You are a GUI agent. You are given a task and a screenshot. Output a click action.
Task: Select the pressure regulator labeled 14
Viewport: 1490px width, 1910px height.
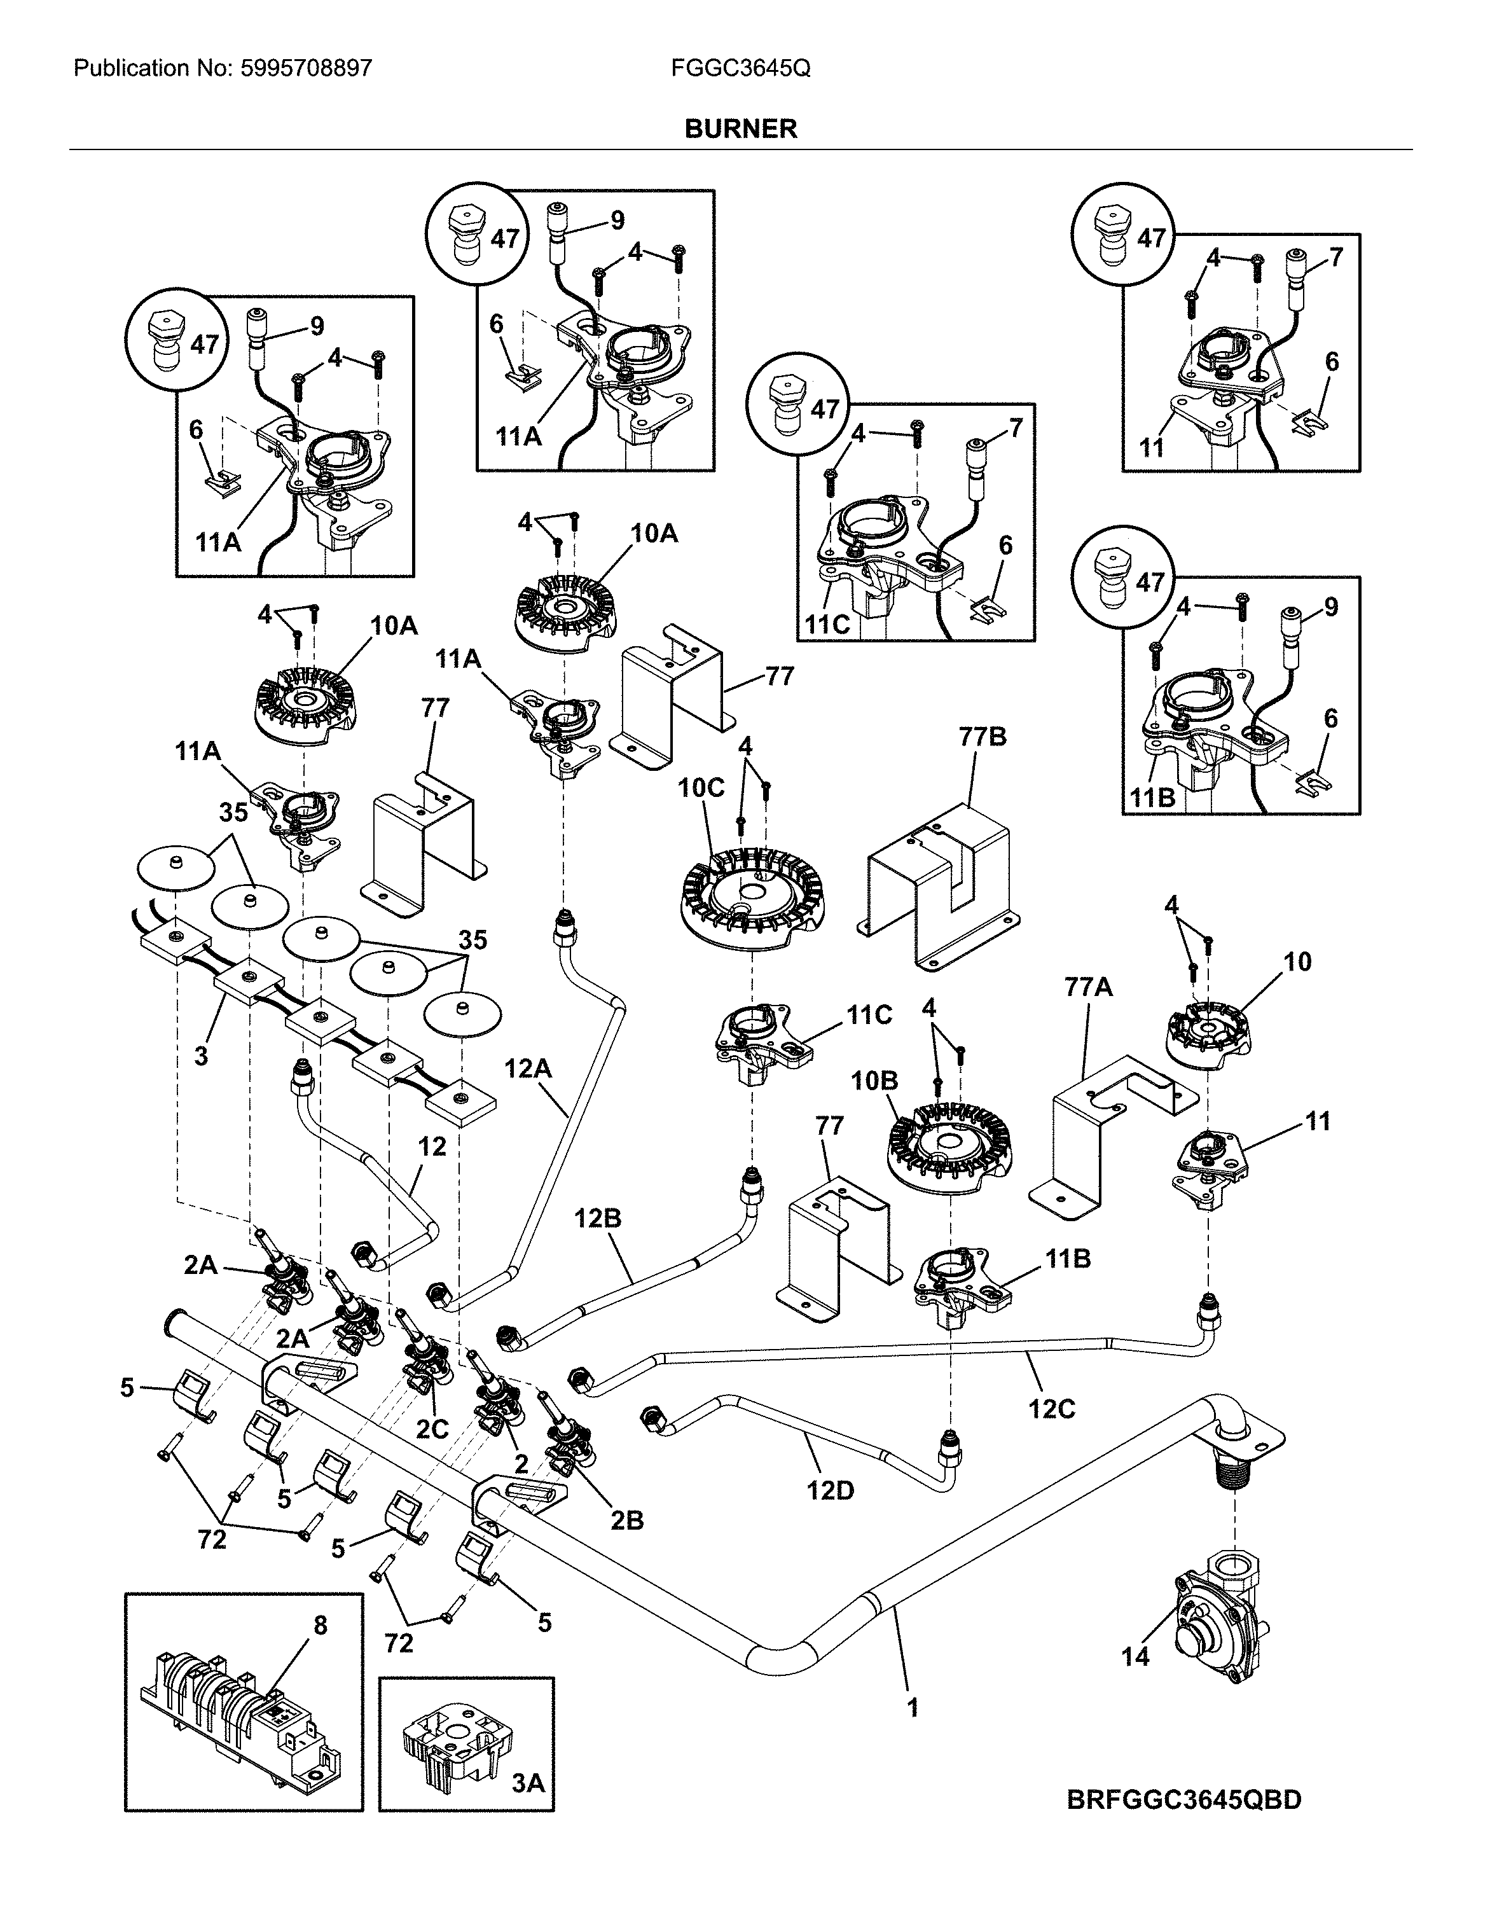pos(1217,1628)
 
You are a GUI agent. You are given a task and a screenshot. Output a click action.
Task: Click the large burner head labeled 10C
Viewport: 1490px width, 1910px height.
pos(753,901)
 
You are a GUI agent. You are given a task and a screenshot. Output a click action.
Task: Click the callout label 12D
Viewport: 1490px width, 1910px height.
pos(830,1490)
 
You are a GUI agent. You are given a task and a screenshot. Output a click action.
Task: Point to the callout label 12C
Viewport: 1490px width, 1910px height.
pos(1051,1409)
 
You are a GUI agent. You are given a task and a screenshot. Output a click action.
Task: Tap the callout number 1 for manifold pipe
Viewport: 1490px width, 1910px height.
pos(913,1707)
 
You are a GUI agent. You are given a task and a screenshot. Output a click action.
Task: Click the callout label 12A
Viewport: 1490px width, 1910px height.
pos(527,1069)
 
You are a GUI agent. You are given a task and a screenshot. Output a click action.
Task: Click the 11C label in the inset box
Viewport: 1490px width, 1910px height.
pos(826,625)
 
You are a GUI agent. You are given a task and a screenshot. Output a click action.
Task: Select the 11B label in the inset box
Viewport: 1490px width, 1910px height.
pos(1152,798)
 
